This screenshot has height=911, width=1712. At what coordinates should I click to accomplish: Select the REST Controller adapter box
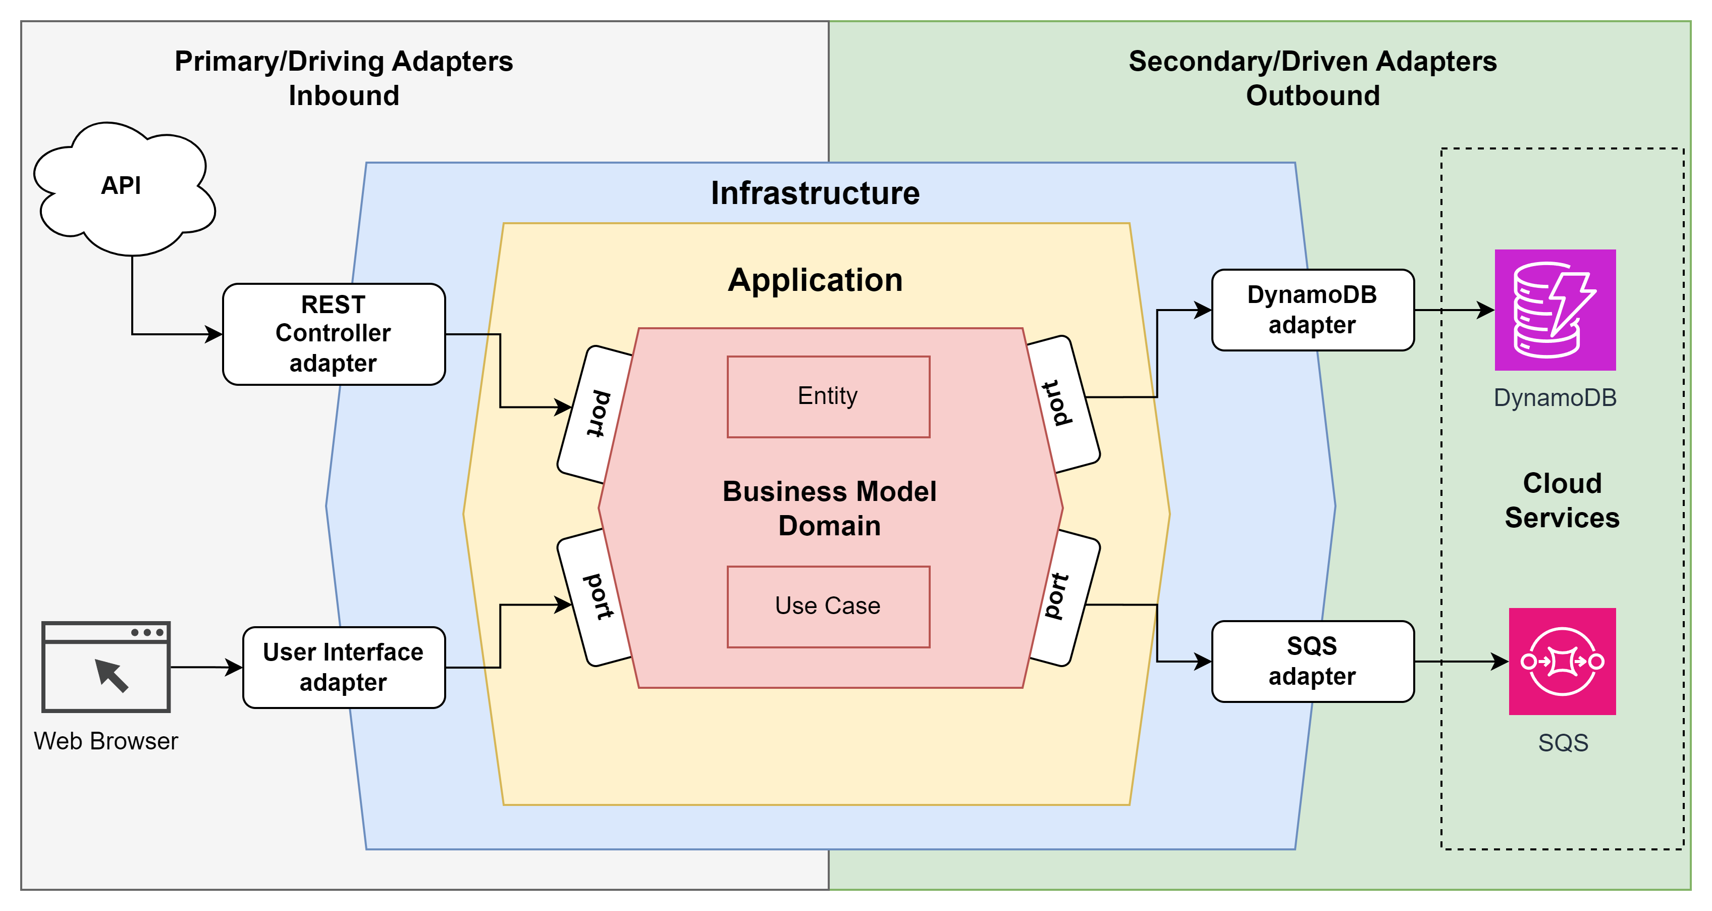click(x=334, y=334)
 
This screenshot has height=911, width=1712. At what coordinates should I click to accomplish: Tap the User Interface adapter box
click(x=344, y=667)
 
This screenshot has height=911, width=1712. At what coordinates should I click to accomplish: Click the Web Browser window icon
click(x=106, y=667)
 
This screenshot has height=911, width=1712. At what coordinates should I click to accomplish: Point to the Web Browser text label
click(x=106, y=741)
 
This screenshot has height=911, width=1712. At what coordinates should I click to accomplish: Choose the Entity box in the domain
click(x=828, y=396)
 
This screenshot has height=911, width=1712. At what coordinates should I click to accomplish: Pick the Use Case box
click(x=828, y=606)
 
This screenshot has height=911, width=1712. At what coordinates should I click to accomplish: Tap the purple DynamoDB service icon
click(x=1555, y=310)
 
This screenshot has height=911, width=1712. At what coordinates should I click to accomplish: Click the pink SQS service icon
click(x=1562, y=661)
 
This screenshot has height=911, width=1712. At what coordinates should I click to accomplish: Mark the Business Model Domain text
click(x=829, y=509)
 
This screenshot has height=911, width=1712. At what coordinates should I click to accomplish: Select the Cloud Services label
click(x=1562, y=500)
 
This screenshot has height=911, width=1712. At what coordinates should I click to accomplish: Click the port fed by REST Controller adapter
click(x=596, y=414)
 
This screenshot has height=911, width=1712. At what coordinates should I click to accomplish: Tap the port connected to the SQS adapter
click(x=1064, y=597)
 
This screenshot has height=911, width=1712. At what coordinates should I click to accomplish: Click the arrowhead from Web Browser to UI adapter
click(x=234, y=667)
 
